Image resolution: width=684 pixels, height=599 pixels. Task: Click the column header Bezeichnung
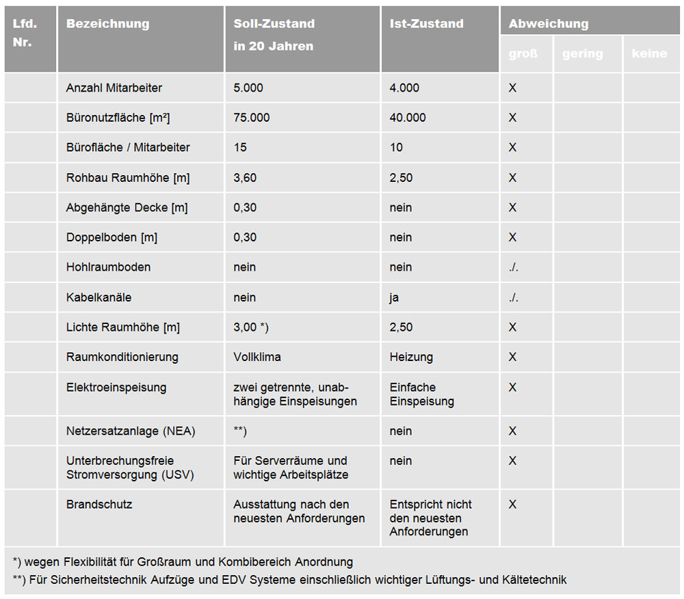click(107, 24)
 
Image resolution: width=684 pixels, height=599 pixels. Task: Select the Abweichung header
click(549, 24)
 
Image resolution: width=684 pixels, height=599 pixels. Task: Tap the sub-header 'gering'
click(583, 54)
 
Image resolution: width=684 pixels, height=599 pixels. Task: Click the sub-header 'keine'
click(649, 54)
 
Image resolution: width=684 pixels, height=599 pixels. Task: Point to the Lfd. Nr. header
click(25, 33)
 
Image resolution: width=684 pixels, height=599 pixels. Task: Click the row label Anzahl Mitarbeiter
click(114, 88)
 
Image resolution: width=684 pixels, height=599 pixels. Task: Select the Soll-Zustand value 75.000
click(252, 118)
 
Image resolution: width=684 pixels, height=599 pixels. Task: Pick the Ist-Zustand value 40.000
click(408, 118)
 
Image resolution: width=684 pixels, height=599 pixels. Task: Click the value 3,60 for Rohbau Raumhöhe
click(245, 178)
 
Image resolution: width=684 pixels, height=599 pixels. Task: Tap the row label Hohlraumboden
click(108, 267)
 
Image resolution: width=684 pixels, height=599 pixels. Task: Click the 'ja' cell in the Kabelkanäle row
click(395, 297)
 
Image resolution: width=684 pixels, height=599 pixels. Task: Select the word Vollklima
click(257, 357)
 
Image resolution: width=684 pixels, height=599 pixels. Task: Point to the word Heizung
click(411, 357)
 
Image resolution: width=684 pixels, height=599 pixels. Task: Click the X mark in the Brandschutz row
click(512, 505)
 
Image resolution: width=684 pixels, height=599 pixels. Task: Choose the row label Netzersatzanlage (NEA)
click(131, 431)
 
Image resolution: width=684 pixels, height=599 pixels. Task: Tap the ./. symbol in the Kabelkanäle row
click(514, 297)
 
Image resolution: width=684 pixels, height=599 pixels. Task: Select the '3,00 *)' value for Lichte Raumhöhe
click(251, 328)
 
